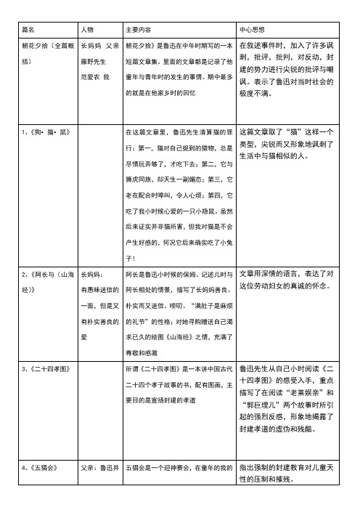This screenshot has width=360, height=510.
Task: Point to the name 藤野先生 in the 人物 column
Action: pos(94,64)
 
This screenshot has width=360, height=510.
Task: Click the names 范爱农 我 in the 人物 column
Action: pos(94,76)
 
